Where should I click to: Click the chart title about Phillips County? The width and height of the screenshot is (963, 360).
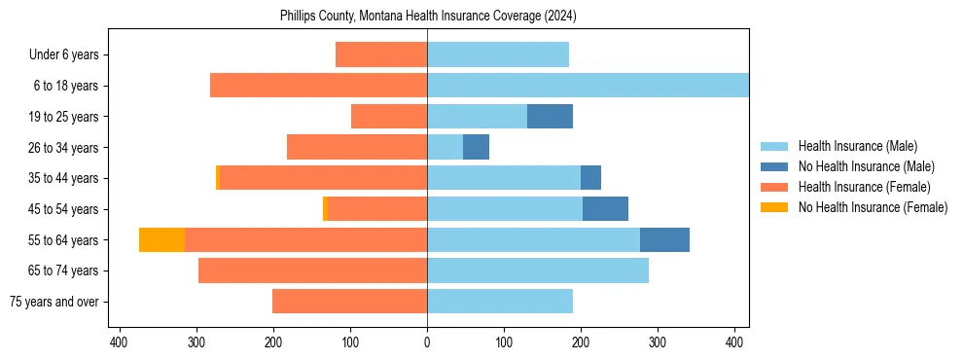pyautogui.click(x=428, y=17)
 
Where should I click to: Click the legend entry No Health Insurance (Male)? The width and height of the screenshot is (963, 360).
pyautogui.click(x=866, y=166)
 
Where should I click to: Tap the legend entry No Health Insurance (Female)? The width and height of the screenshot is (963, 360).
pyautogui.click(x=873, y=207)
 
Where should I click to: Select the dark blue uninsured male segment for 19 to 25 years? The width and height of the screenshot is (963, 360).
pyautogui.click(x=550, y=116)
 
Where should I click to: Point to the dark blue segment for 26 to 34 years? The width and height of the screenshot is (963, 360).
pyautogui.click(x=476, y=147)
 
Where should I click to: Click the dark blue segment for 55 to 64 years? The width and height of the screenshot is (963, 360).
pyautogui.click(x=664, y=239)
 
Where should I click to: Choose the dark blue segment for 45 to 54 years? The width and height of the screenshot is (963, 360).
pyautogui.click(x=605, y=208)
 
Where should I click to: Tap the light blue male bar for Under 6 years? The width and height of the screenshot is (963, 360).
pyautogui.click(x=498, y=54)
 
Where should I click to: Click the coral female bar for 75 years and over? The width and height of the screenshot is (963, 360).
pyautogui.click(x=349, y=302)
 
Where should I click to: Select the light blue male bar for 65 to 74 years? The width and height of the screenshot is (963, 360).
pyautogui.click(x=538, y=270)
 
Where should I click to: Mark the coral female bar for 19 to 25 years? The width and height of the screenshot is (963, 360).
pyautogui.click(x=389, y=116)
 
